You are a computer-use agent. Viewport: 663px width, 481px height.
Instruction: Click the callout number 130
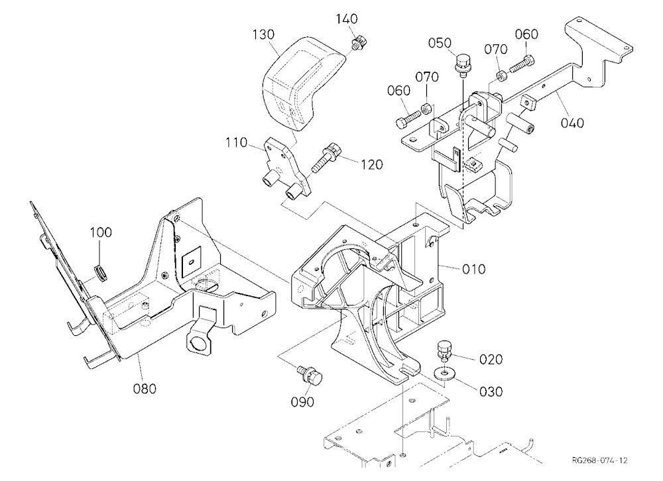pyautogui.click(x=263, y=34)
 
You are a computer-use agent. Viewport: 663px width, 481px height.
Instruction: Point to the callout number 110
pyautogui.click(x=237, y=142)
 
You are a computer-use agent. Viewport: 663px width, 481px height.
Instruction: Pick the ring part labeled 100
pyautogui.click(x=101, y=273)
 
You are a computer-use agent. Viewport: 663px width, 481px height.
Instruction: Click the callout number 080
pyautogui.click(x=145, y=388)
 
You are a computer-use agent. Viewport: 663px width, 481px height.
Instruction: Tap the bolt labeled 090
pyautogui.click(x=310, y=374)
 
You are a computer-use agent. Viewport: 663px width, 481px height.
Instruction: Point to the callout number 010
pyautogui.click(x=473, y=269)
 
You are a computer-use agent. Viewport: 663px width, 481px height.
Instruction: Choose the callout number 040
pyautogui.click(x=573, y=123)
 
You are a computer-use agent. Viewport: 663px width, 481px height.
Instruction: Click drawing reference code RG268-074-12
pyautogui.click(x=599, y=460)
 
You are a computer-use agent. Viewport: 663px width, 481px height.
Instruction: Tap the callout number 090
pyautogui.click(x=302, y=402)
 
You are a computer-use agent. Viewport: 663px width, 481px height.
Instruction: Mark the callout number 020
pyautogui.click(x=491, y=360)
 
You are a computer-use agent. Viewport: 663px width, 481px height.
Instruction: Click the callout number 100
pyautogui.click(x=101, y=233)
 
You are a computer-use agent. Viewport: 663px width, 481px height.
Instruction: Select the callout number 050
pyautogui.click(x=440, y=43)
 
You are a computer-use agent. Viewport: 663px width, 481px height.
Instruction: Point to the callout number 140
pyautogui.click(x=347, y=19)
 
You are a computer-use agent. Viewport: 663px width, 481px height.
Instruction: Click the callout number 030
pyautogui.click(x=491, y=392)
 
